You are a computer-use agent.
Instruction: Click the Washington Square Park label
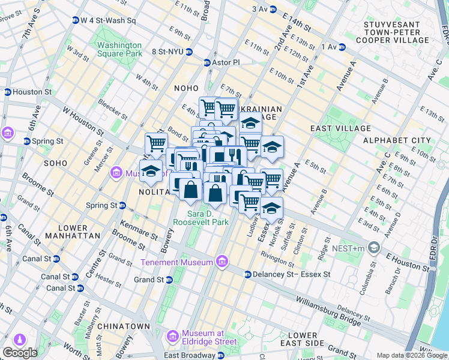[x=119, y=49]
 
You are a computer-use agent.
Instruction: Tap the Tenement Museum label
[x=176, y=262]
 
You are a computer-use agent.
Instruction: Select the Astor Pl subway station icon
[x=207, y=62]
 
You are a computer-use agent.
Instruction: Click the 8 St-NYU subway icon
[x=188, y=52]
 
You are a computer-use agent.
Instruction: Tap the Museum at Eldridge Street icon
[x=173, y=335]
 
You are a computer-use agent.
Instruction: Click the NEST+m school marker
[x=375, y=248]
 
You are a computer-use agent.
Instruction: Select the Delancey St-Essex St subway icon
[x=247, y=274]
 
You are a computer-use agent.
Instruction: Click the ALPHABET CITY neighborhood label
[x=397, y=140]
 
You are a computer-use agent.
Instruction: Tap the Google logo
[x=20, y=353]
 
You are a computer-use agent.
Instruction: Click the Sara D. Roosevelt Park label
[x=200, y=218]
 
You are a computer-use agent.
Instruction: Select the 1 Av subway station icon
[x=342, y=47]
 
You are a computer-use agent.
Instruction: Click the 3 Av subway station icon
[x=273, y=9]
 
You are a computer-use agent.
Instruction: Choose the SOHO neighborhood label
[x=55, y=163]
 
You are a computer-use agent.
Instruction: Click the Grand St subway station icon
[x=169, y=280]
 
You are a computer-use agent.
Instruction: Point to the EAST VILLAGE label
[x=340, y=128]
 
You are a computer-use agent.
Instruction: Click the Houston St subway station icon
[x=7, y=92]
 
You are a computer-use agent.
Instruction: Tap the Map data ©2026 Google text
[x=412, y=355]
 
